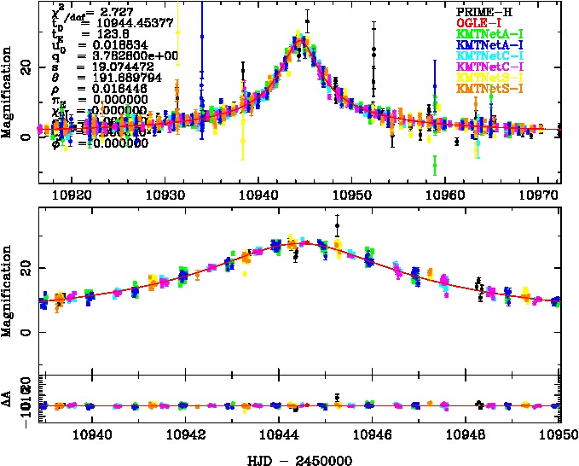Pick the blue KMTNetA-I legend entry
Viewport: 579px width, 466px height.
coord(488,43)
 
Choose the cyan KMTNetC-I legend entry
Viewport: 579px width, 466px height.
coord(488,55)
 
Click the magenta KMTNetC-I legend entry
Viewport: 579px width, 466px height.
coord(488,66)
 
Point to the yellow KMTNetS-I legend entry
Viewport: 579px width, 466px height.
coord(488,78)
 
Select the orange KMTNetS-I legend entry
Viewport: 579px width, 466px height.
coord(488,89)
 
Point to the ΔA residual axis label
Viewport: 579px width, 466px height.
coord(8,398)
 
